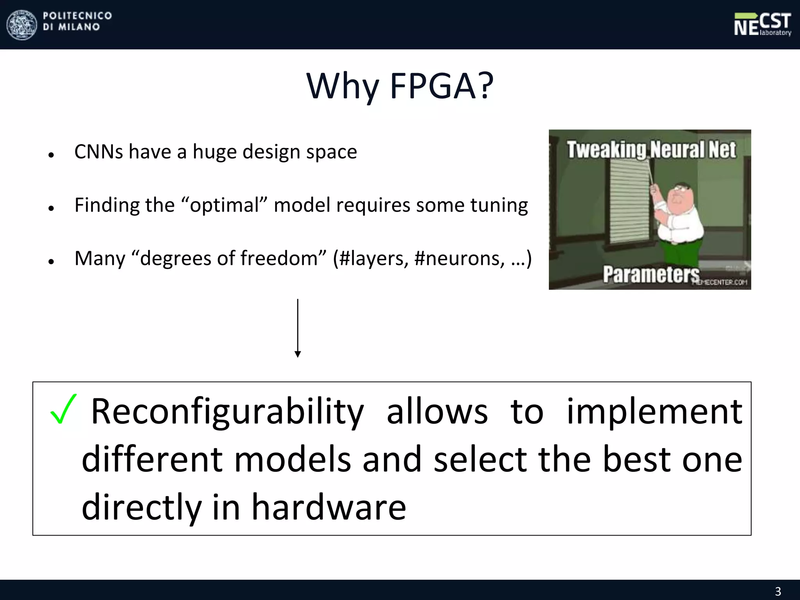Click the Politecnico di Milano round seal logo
click(22, 25)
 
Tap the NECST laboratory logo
click(762, 25)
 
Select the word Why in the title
click(343, 87)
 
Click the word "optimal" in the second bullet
click(225, 205)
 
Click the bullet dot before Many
click(51, 261)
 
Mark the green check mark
click(63, 409)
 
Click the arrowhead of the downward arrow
click(298, 354)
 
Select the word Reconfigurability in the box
click(227, 412)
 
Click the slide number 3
click(778, 591)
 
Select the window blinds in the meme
click(629, 199)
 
